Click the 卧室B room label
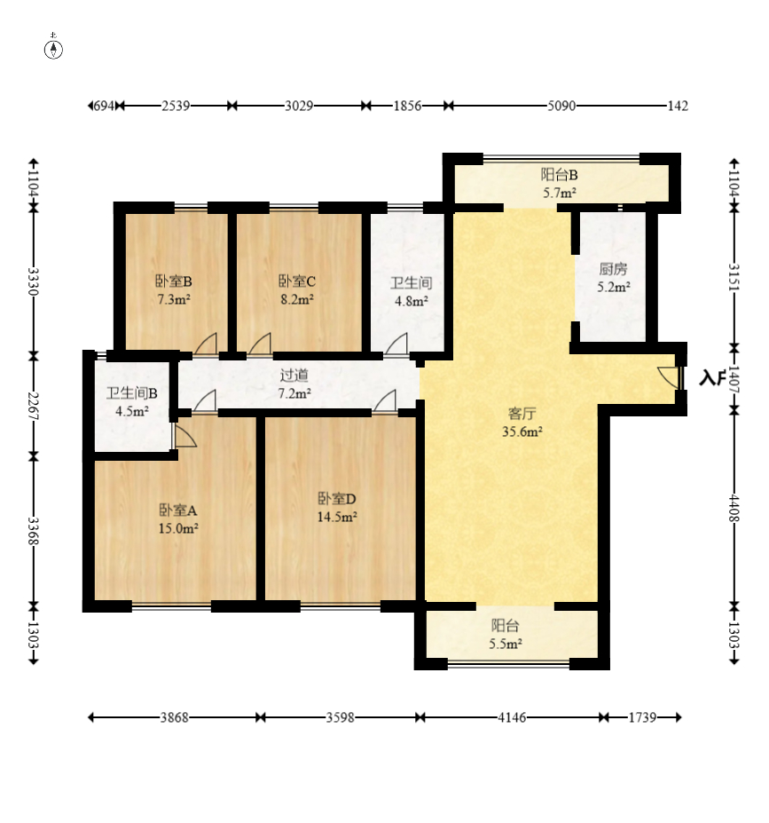pos(174,281)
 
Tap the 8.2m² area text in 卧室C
pos(297,299)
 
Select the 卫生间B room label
pos(131,393)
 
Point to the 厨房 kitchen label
pos(613,269)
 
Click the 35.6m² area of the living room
pos(522,431)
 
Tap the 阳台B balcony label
pos(560,175)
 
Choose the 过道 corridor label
pos(294,375)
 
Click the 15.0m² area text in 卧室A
pos(178,528)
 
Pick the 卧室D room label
pos(337,498)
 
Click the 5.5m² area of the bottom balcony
pos(506,644)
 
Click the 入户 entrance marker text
pos(712,377)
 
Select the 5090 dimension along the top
pos(561,106)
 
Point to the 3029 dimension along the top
pos(299,106)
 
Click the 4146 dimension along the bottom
pos(512,717)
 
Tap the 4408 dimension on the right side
pos(734,508)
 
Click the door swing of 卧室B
pos(206,344)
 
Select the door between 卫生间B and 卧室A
pos(184,436)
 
